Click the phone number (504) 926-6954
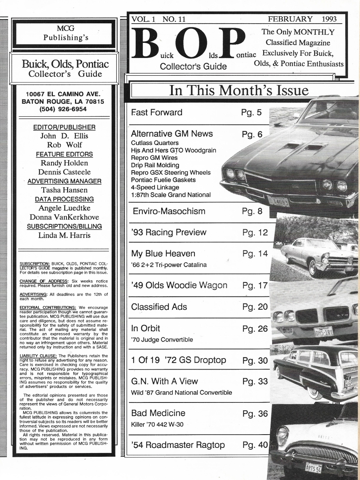point(63,109)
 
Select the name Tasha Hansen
point(64,190)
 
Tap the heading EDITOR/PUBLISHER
point(64,127)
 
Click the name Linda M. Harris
point(64,235)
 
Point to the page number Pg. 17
point(255,285)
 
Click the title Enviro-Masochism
point(169,211)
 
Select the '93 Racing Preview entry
point(169,232)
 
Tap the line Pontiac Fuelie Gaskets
point(163,180)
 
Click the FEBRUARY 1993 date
point(302,19)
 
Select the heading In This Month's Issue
point(238,90)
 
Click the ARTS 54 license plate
point(313,468)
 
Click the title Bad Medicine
point(158,413)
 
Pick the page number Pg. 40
point(255,445)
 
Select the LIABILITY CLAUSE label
point(38,356)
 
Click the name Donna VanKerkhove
point(64,217)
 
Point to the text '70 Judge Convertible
point(162,340)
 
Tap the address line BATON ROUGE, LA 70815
point(63,102)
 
